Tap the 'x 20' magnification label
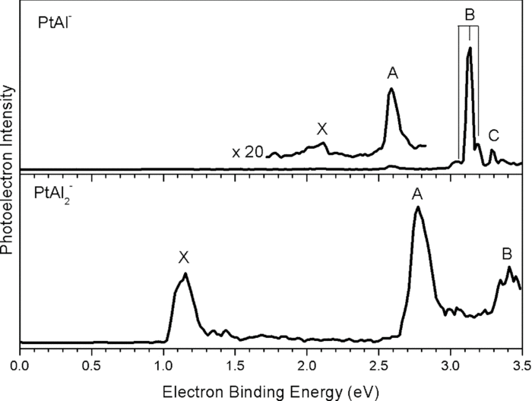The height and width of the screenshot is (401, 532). coord(248,153)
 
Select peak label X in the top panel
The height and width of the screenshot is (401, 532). coord(321,128)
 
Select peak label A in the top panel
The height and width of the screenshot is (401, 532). coord(392,73)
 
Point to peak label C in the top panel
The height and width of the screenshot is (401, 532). coord(494,136)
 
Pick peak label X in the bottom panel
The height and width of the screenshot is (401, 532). coord(183,258)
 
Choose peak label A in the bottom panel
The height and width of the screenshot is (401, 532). coord(417,194)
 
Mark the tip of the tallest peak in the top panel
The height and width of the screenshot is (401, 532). coord(470,48)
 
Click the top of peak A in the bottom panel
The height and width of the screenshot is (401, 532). coord(417,207)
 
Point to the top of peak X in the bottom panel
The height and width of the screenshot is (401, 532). coord(185,274)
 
